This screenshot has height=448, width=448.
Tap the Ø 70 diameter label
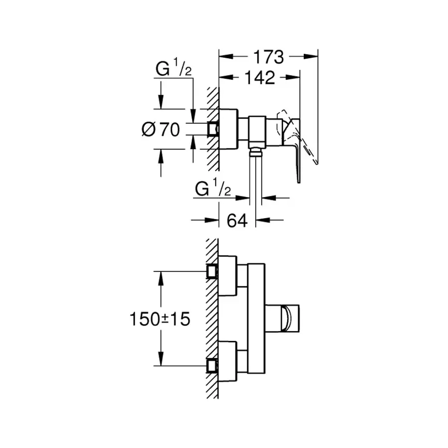click(160, 130)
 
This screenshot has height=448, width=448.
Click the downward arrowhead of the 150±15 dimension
click(160, 359)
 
